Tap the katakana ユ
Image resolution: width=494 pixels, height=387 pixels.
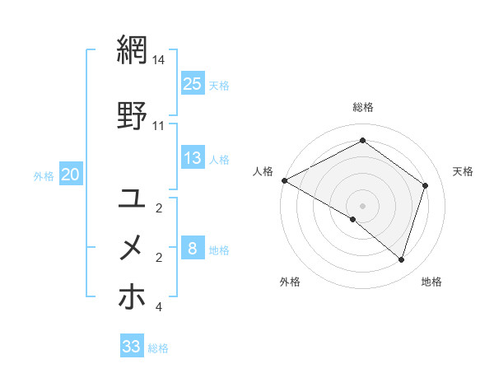pyautogui.click(x=133, y=198)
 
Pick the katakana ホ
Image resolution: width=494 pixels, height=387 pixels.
pyautogui.click(x=133, y=296)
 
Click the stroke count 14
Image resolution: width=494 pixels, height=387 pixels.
pyautogui.click(x=159, y=61)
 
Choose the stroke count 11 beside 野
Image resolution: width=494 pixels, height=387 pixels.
pyautogui.click(x=159, y=126)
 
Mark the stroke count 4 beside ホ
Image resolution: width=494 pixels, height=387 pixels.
pyautogui.click(x=159, y=307)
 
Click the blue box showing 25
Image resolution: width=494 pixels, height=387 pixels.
pyautogui.click(x=193, y=83)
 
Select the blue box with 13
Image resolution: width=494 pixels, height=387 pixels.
pyautogui.click(x=193, y=158)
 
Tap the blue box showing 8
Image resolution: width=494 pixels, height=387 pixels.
pyautogui.click(x=193, y=249)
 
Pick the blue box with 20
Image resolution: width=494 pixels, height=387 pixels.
pyautogui.click(x=71, y=175)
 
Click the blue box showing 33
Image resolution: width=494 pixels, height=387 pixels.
pyautogui.click(x=131, y=347)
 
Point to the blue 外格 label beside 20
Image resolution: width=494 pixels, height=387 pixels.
pyautogui.click(x=44, y=175)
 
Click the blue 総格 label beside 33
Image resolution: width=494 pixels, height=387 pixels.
pyautogui.click(x=158, y=348)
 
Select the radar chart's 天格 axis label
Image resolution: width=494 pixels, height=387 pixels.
pyautogui.click(x=463, y=171)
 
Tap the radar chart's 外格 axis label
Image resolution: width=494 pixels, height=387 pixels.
pyautogui.click(x=290, y=282)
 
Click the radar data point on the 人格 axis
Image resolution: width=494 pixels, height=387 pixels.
pyautogui.click(x=284, y=180)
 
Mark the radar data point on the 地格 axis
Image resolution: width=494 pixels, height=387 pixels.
pyautogui.click(x=402, y=259)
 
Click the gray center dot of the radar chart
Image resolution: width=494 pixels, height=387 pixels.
pyautogui.click(x=362, y=205)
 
